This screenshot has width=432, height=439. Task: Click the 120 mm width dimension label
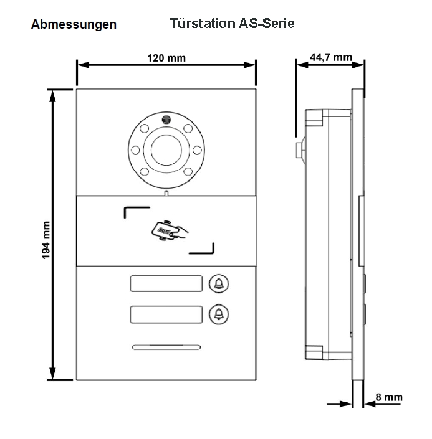point(166,58)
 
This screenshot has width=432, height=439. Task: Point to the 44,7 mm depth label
point(330,57)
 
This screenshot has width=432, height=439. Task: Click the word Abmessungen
point(74,25)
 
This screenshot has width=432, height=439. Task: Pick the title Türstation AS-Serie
point(232,24)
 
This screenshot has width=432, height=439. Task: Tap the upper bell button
point(218,283)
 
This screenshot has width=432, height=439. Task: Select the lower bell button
point(218,314)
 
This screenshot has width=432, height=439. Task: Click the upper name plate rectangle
point(167,283)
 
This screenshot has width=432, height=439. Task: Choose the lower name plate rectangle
point(167,314)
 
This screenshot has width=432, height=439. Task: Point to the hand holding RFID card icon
point(168,230)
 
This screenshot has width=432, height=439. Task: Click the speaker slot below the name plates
point(166,347)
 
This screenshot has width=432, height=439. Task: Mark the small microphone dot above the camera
point(166,120)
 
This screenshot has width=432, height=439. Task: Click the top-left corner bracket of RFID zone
point(135,212)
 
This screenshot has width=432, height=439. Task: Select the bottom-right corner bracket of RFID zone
point(203,250)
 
